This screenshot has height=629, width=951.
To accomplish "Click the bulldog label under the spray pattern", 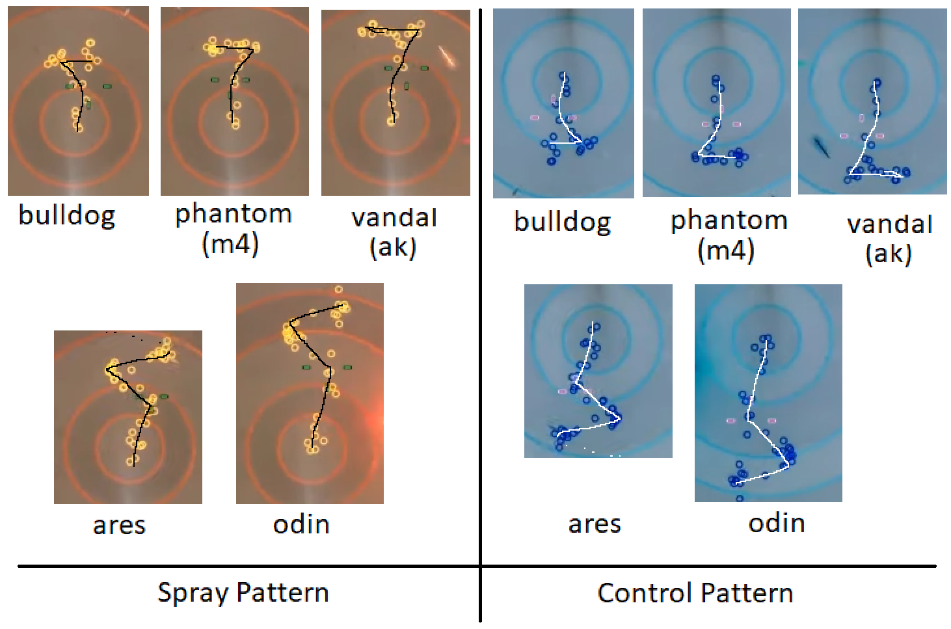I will [67, 215].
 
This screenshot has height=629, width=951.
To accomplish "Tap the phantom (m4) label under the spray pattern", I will [233, 228].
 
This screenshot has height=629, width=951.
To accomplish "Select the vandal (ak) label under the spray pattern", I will [394, 232].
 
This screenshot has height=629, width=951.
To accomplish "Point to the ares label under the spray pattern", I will [119, 525].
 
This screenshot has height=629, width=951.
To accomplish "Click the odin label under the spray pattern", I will [301, 524].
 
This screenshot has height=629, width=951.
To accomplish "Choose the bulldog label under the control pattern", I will [562, 222].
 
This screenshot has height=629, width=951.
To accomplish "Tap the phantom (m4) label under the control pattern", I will [729, 235].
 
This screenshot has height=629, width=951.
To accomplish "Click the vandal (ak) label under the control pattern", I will [889, 238].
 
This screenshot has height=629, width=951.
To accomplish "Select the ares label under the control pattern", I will [595, 524].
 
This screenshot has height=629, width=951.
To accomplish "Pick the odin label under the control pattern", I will [777, 523].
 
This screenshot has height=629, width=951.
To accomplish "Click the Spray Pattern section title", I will [243, 593].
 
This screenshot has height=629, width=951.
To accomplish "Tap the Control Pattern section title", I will [695, 593].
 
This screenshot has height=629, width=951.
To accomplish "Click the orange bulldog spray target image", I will [78, 101].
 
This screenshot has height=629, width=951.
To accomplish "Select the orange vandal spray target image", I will [395, 102].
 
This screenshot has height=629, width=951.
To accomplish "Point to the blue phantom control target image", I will [716, 102].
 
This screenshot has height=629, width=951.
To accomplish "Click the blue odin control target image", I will [768, 393].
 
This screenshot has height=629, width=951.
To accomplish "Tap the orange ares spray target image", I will [127, 417].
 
